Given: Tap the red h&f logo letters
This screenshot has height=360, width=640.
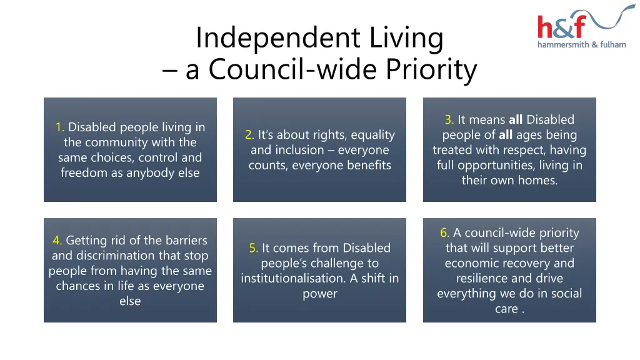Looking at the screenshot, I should [561, 27].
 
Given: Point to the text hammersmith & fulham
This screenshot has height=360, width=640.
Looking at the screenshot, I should [581, 44].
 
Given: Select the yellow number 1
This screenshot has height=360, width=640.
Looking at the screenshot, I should [59, 127].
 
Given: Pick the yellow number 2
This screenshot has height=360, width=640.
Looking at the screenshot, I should [249, 135].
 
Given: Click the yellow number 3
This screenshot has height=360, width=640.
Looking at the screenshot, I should [449, 120].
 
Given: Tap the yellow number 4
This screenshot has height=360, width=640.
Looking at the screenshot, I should [57, 241].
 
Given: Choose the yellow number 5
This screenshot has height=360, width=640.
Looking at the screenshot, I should [253, 248].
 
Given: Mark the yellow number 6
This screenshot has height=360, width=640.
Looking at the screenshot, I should [444, 233].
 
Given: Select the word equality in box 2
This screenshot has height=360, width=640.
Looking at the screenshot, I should [372, 135].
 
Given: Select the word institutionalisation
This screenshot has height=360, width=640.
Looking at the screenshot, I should [291, 279].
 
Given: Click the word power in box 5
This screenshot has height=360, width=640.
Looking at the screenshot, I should [320, 294].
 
